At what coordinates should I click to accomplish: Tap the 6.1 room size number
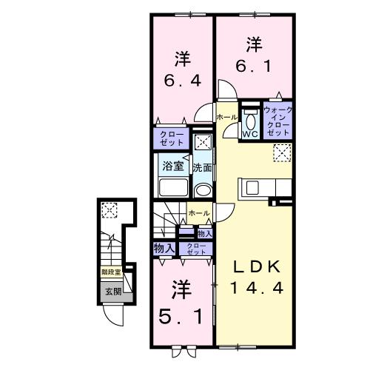click(255, 67)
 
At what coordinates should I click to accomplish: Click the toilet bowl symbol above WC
click(249, 121)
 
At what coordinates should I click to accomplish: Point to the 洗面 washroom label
click(203, 168)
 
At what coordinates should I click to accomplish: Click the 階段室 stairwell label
click(112, 272)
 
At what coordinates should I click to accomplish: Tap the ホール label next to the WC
click(226, 118)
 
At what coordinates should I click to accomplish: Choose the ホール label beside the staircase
click(198, 213)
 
